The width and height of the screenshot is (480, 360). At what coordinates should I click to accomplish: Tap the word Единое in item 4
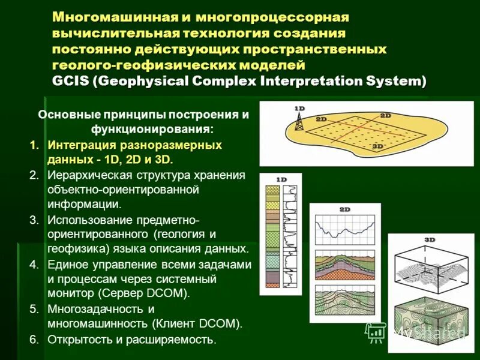(64, 265)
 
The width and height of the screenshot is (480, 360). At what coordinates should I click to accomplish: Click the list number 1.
(34, 145)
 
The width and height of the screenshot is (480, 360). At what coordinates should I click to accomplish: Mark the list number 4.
(34, 265)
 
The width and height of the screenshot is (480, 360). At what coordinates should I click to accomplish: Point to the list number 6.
(34, 340)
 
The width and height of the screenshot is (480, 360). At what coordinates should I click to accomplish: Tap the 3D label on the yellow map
(378, 146)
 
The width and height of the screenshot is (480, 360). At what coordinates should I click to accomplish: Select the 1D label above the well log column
(281, 179)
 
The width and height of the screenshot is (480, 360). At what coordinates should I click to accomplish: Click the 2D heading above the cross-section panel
(345, 209)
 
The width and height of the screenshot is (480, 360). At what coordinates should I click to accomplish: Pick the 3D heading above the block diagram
(430, 239)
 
